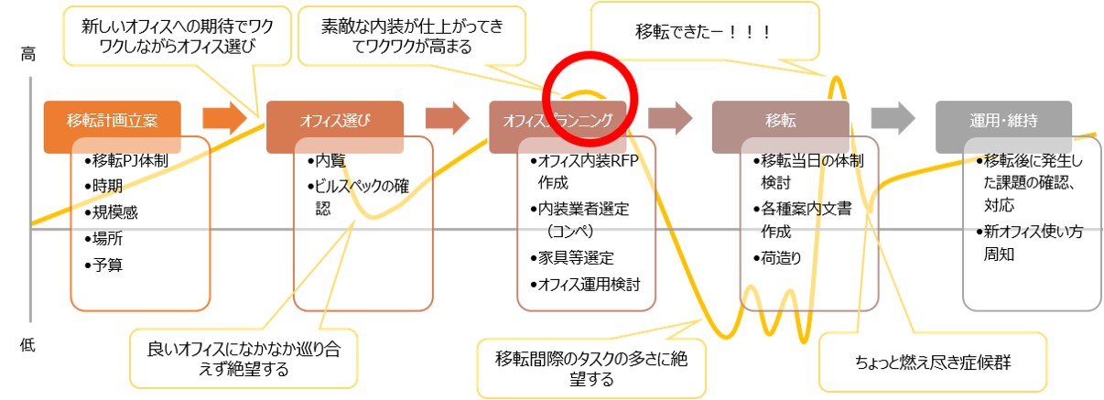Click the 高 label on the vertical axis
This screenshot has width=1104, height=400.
[27, 56]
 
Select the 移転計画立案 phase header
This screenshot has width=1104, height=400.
[111, 120]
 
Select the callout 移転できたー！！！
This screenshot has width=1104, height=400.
[703, 32]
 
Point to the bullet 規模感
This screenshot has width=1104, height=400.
[114, 212]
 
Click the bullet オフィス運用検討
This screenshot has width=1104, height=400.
[591, 284]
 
